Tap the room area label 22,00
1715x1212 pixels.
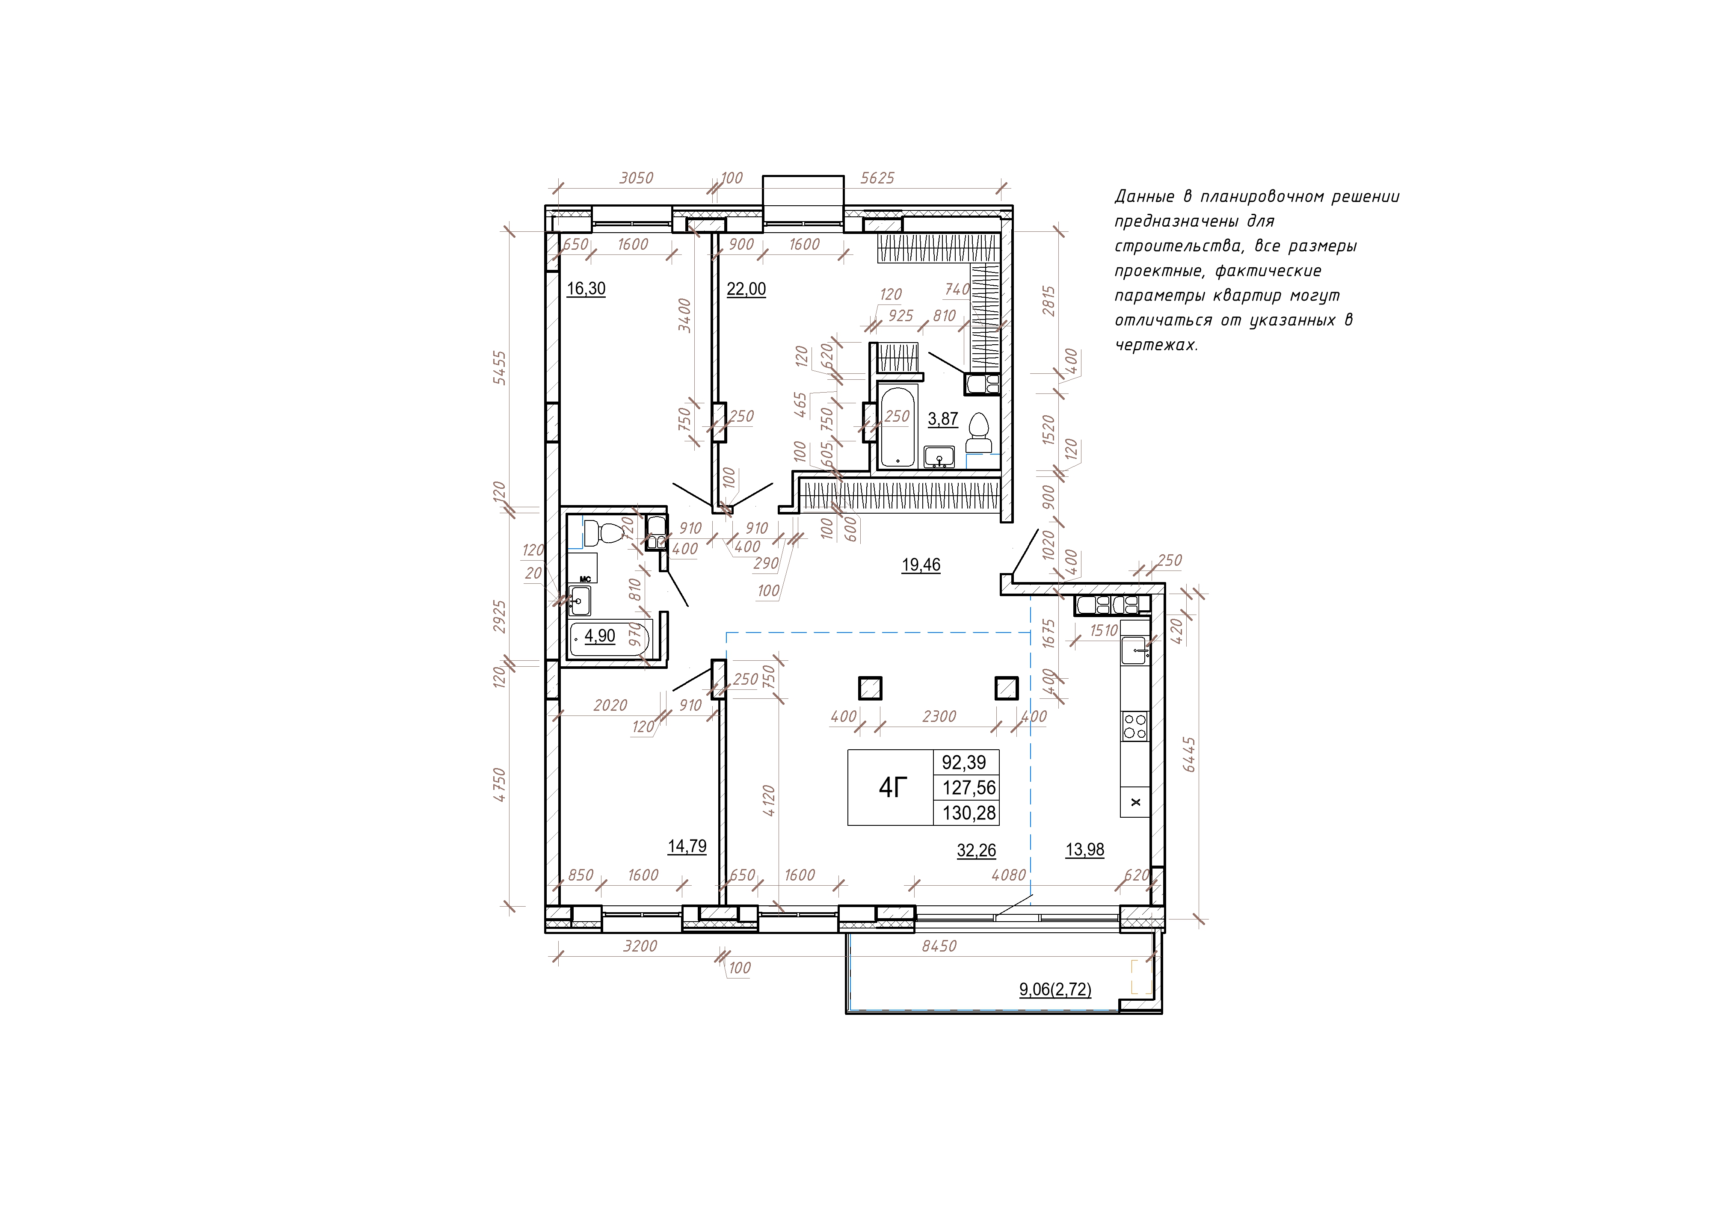click(746, 289)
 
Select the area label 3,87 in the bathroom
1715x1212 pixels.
click(943, 419)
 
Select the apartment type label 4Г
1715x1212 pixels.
click(893, 787)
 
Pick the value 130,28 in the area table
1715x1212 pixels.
click(969, 813)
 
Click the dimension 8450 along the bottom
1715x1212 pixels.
click(939, 946)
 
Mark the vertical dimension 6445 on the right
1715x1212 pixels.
click(1189, 754)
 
